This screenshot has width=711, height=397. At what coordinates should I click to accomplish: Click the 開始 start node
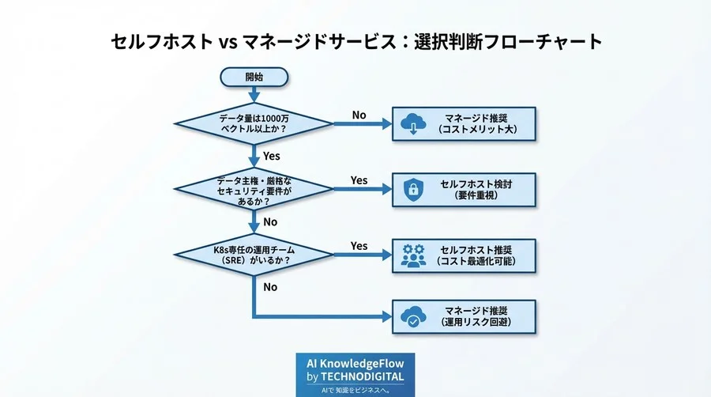pos(254,77)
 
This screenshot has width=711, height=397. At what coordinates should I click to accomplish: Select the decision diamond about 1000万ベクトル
pos(254,123)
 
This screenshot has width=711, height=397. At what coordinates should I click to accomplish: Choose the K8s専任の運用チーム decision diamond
pos(254,255)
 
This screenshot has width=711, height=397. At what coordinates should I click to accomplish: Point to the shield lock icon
pos(412,189)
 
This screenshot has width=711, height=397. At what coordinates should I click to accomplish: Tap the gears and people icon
pos(412,255)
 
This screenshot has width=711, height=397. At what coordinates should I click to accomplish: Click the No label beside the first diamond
pos(359,115)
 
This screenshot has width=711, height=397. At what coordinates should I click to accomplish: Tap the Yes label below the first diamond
pos(271,156)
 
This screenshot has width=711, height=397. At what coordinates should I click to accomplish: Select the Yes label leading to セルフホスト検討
pos(359,180)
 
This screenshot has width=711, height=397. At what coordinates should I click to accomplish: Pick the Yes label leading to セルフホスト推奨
pos(359,246)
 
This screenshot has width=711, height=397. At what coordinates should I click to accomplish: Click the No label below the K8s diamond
pos(270,287)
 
